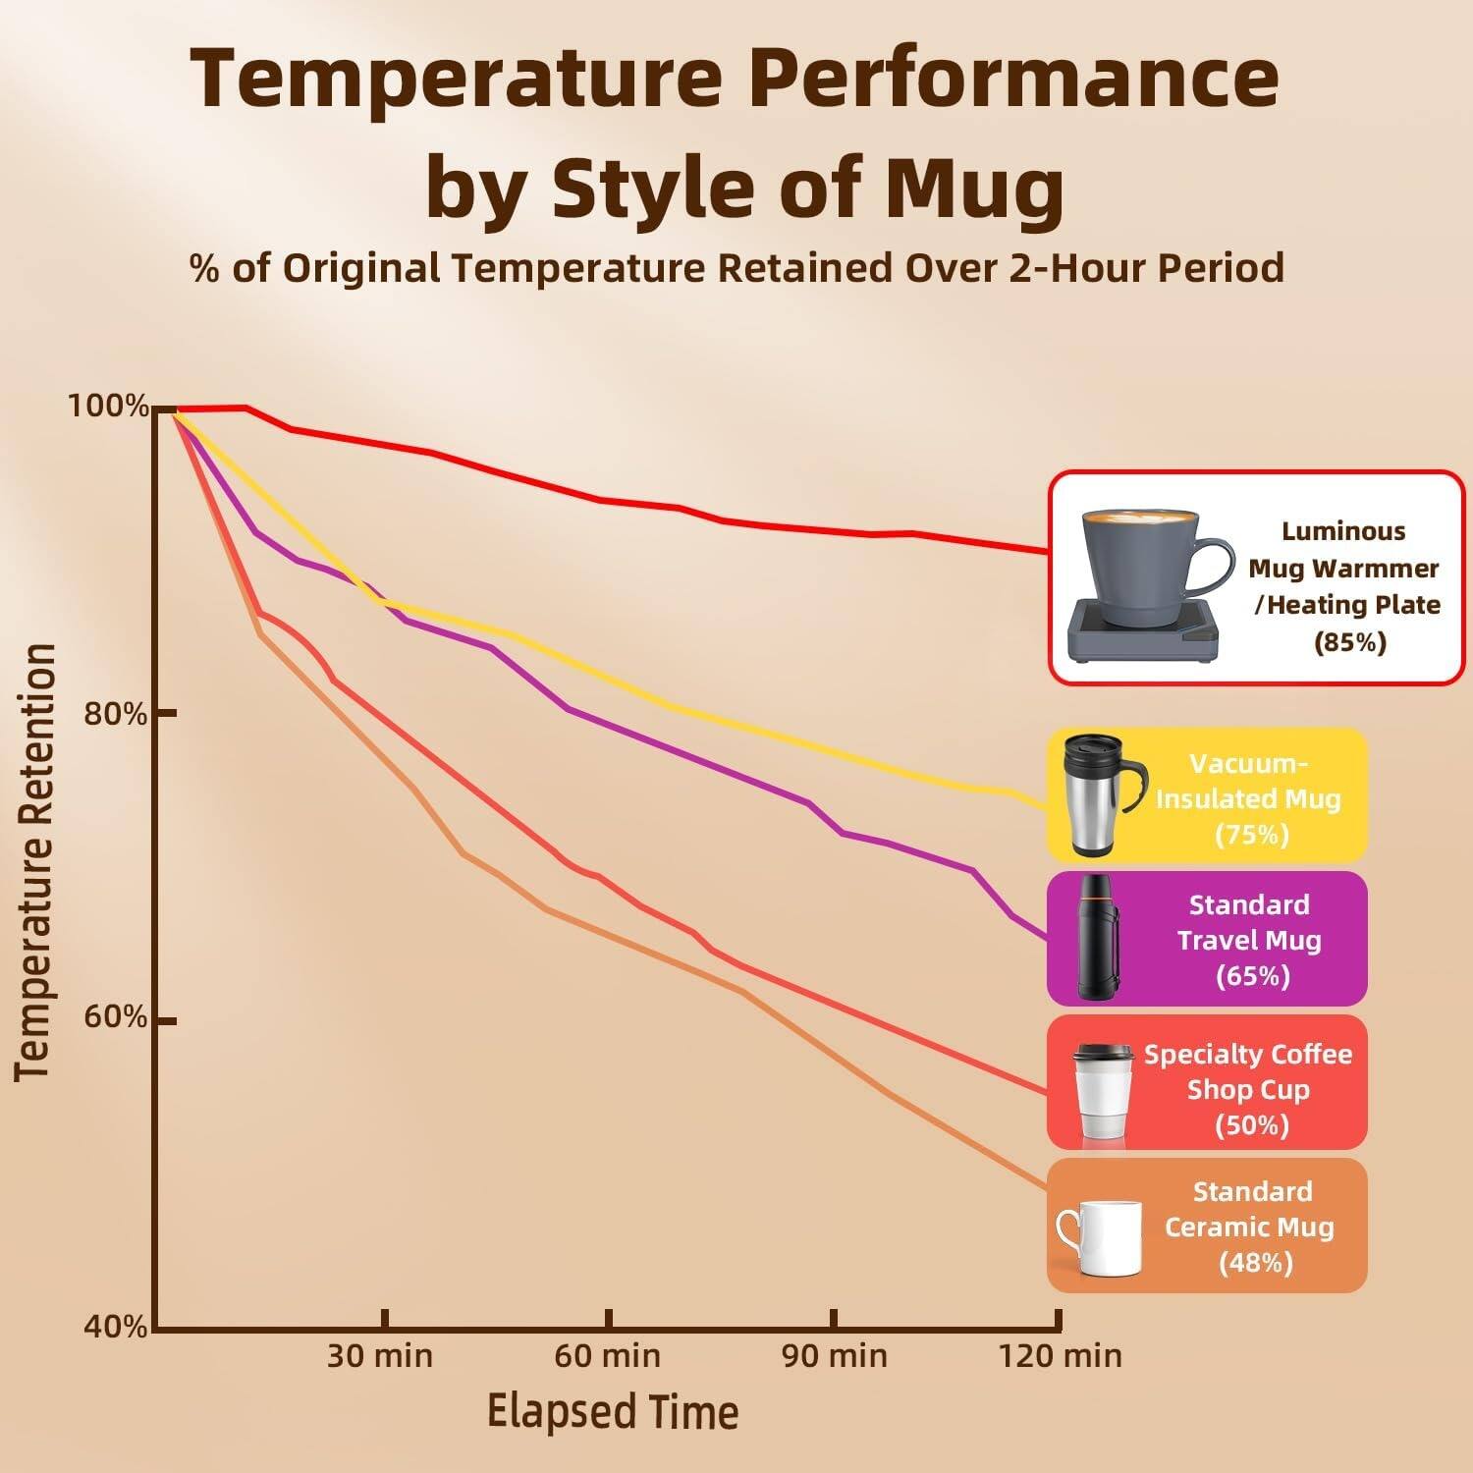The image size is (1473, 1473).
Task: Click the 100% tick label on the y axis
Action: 108,406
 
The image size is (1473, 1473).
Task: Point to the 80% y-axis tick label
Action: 115,714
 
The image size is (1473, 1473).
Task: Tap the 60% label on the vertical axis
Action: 115,1017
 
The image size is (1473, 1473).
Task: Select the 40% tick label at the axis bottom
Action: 115,1328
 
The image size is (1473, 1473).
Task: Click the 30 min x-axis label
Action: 380,1356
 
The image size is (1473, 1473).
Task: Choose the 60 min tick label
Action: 607,1356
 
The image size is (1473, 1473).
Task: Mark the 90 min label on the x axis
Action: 834,1356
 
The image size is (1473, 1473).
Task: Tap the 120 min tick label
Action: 1060,1356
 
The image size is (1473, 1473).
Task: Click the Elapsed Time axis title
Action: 613,1412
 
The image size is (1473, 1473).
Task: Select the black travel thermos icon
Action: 1098,938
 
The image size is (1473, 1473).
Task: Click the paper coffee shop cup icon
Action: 1103,1090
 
